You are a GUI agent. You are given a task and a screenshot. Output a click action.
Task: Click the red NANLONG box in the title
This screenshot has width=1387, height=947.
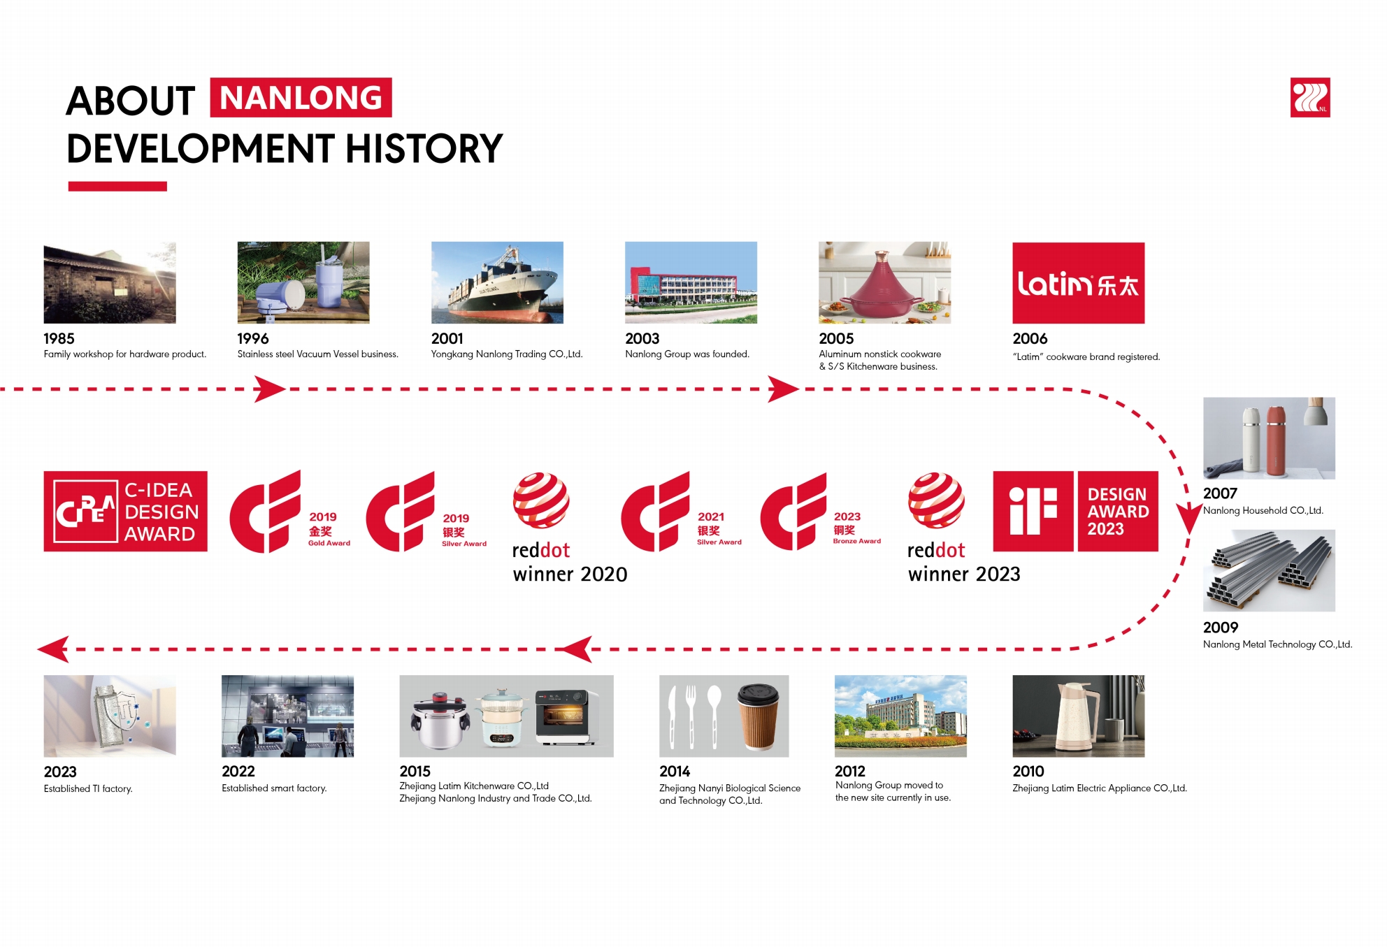point(301,97)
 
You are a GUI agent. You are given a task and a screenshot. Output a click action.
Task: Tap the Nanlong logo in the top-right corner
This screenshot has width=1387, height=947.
point(1310,97)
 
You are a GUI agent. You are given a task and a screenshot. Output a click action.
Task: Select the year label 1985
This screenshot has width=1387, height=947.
point(59,338)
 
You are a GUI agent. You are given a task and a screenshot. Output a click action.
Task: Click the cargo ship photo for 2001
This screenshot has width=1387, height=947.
point(497,282)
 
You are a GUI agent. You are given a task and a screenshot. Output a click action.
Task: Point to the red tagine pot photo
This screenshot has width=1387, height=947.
point(884,282)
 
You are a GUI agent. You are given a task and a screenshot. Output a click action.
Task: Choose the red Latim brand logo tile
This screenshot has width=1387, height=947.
point(1079,283)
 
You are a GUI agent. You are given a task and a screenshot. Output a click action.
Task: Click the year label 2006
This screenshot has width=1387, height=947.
point(1030,339)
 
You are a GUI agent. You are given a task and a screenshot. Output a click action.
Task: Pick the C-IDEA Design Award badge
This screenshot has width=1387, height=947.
point(126,512)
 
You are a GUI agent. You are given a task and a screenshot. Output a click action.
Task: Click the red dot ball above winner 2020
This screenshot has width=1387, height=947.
point(541,500)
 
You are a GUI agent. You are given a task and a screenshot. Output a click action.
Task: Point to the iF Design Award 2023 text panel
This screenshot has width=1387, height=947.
point(1118,512)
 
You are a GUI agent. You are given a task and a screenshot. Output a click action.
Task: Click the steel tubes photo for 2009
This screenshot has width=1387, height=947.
point(1269,571)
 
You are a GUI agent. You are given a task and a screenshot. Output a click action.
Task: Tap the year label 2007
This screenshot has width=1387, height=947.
point(1220,493)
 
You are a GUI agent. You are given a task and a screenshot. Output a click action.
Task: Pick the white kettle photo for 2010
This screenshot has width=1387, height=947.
point(1079,716)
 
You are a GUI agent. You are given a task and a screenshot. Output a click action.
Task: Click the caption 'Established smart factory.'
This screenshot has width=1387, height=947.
point(274,788)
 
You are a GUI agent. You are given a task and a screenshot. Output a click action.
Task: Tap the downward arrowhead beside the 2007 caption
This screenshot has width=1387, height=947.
point(1188,519)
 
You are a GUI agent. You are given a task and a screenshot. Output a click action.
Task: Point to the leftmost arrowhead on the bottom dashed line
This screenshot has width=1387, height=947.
point(53,649)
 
